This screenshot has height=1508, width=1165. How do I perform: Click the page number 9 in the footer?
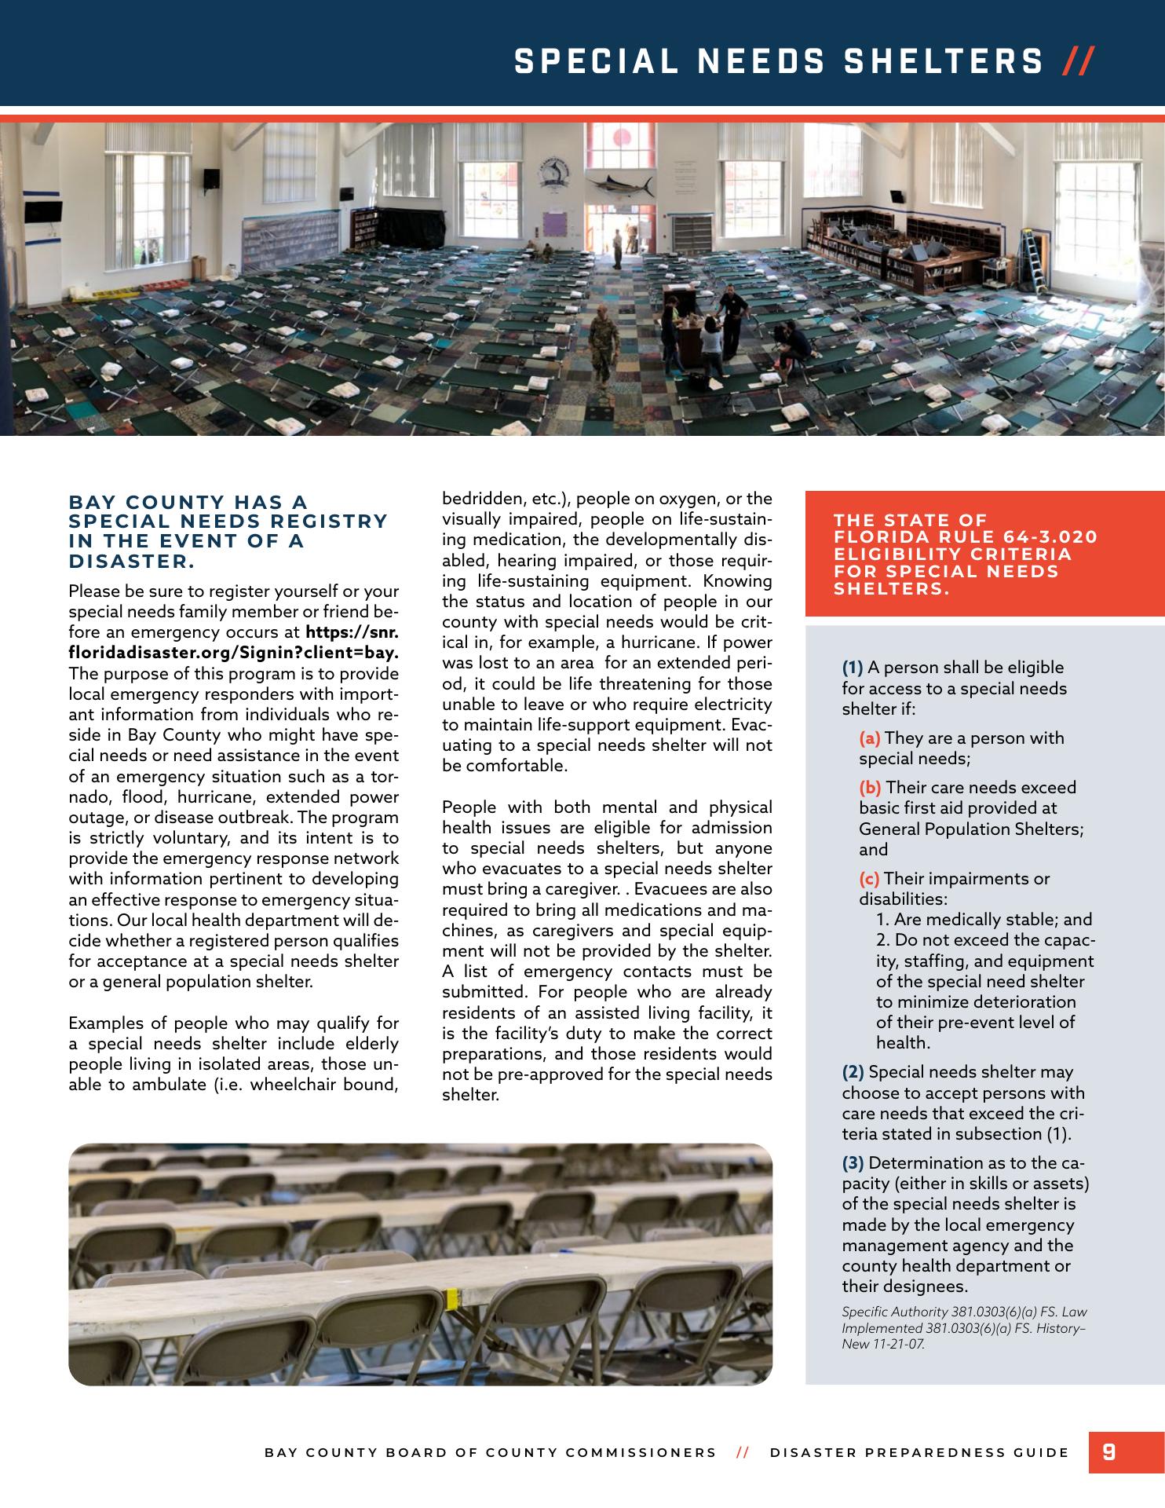tap(1108, 1451)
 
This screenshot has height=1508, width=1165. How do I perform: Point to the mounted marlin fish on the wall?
tap(626, 185)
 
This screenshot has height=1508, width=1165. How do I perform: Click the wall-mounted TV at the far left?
tap(42, 210)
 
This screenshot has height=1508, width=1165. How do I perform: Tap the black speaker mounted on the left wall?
tap(211, 178)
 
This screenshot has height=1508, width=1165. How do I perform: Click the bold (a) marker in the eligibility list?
tap(870, 738)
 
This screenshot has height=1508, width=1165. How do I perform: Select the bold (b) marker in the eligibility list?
tap(870, 788)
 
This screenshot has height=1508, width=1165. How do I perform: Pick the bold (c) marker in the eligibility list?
tap(869, 879)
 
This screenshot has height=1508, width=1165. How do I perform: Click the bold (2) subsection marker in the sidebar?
tap(853, 1072)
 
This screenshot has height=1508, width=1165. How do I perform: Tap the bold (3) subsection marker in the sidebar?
tap(853, 1163)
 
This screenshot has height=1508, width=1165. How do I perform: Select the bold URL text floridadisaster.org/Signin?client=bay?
tap(234, 653)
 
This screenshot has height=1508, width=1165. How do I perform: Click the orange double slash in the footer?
tap(743, 1452)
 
